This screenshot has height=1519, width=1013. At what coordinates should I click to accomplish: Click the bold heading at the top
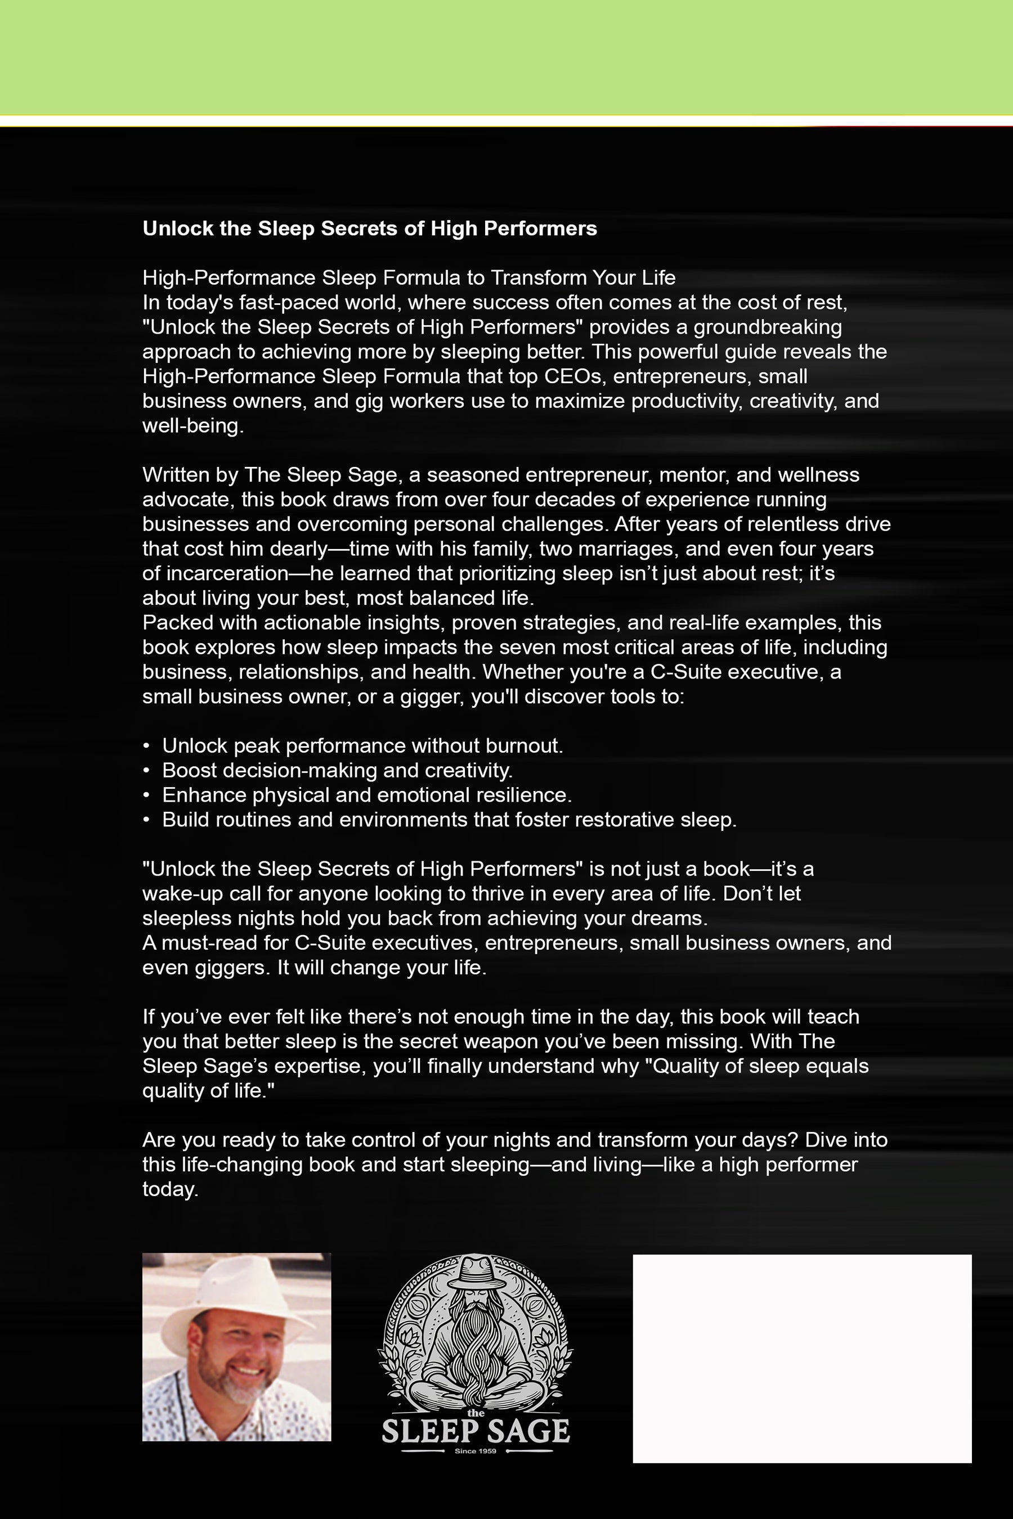[370, 228]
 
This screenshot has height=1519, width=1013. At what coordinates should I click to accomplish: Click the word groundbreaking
[768, 327]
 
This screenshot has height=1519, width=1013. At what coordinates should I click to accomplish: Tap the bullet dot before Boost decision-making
[147, 771]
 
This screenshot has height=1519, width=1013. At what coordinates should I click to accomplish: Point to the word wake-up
[173, 894]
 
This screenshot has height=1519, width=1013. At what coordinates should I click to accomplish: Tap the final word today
[169, 1190]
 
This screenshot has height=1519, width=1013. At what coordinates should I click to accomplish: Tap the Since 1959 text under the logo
[476, 1451]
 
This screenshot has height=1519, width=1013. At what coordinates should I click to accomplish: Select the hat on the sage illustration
[475, 1270]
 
